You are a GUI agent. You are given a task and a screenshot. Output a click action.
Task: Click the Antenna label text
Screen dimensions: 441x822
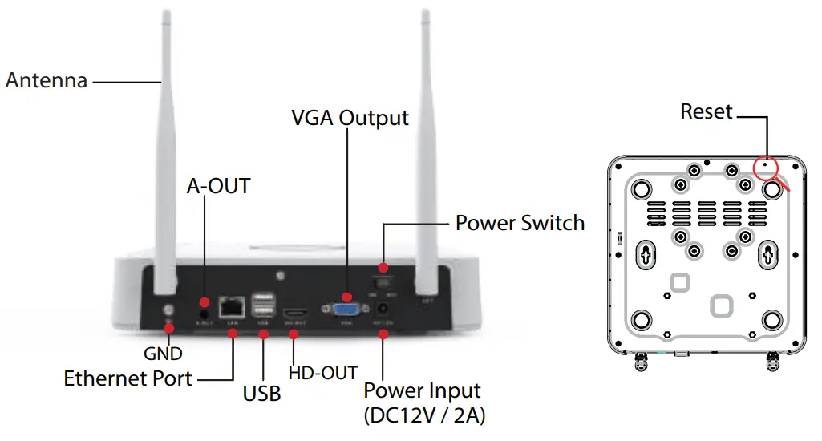coord(46,81)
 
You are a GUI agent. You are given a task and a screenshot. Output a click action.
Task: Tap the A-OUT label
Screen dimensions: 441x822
coord(218,186)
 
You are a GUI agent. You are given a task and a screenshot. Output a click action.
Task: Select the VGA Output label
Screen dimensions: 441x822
coord(350,118)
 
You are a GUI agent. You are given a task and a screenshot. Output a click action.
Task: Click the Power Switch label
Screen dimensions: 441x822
coord(520,222)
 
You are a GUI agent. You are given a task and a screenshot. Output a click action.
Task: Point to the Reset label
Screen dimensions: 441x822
coord(706,111)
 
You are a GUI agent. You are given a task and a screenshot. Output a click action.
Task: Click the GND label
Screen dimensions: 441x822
coord(163,353)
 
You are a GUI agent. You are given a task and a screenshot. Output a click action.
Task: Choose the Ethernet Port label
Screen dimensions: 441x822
coord(128,378)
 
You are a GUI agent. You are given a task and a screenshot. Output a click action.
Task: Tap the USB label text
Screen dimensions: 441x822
coord(261,394)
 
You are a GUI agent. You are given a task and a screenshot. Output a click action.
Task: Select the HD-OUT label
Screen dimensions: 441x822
coord(322,373)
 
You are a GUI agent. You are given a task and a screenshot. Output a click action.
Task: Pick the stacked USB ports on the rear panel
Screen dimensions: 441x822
coord(263,306)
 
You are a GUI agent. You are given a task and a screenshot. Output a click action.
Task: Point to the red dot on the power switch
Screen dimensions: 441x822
coord(383,267)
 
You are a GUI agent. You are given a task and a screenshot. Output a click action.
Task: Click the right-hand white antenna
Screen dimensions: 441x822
coord(426,160)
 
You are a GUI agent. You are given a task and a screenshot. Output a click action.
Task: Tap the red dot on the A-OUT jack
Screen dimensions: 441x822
coord(204,301)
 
